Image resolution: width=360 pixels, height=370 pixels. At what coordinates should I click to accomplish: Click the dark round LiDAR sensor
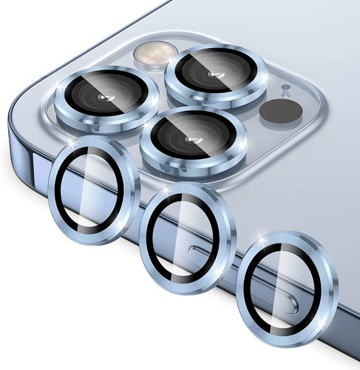pos(277,111)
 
